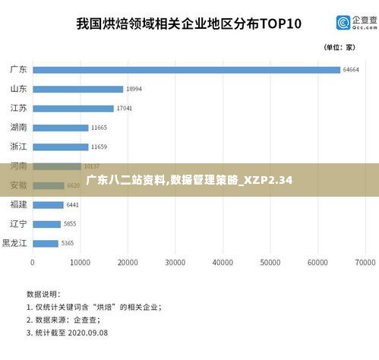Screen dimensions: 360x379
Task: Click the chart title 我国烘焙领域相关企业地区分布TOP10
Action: pyautogui.click(x=188, y=23)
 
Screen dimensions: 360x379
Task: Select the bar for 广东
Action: pyautogui.click(x=186, y=70)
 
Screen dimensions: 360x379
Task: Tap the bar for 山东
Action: pyautogui.click(x=77, y=89)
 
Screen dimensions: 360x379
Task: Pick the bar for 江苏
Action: pyautogui.click(x=73, y=109)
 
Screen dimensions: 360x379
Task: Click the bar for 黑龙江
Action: pyautogui.click(x=45, y=243)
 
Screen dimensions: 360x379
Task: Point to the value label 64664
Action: pyautogui.click(x=351, y=70)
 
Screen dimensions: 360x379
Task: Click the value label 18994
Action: pyautogui.click(x=134, y=89)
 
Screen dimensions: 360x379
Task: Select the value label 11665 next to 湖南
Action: pyautogui.click(x=99, y=128)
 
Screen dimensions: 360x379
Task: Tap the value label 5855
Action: pyautogui.click(x=71, y=224)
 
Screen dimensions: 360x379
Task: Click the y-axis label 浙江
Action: pyautogui.click(x=18, y=147)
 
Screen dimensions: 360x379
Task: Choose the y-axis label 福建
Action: pyautogui.click(x=18, y=204)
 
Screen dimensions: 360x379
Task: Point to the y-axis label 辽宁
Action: pyautogui.click(x=18, y=224)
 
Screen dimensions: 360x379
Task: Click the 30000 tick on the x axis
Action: pyautogui.click(x=175, y=262)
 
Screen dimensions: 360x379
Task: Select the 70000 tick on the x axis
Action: pyautogui.click(x=365, y=262)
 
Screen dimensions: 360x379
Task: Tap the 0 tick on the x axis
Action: pyautogui.click(x=32, y=262)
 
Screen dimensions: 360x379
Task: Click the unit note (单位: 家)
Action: pyautogui.click(x=340, y=47)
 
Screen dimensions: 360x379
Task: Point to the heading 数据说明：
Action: pyautogui.click(x=43, y=292)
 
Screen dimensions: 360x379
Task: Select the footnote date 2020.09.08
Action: pyautogui.click(x=89, y=333)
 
